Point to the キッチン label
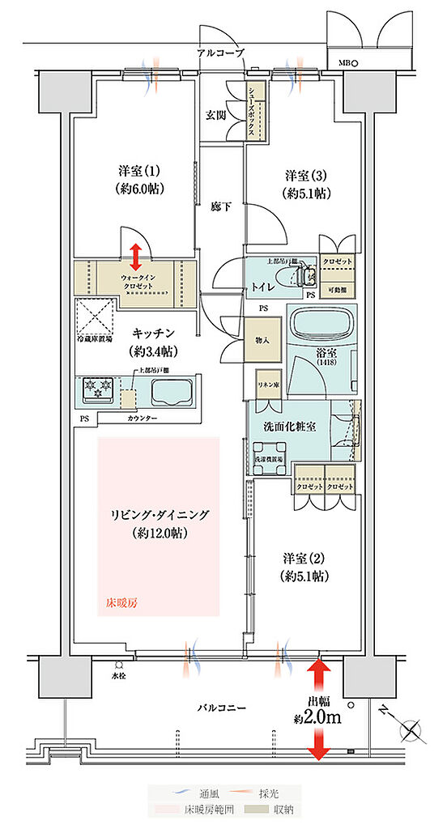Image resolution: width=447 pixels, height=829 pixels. pyautogui.click(x=152, y=341)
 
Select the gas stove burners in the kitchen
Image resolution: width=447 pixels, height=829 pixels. pyautogui.click(x=96, y=390)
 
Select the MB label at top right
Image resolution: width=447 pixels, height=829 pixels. pyautogui.click(x=343, y=62)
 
